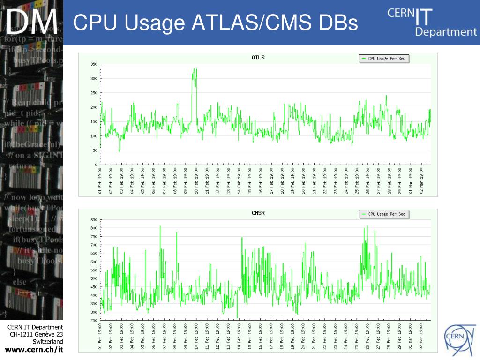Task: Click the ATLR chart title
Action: [x=258, y=58]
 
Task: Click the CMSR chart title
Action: [x=258, y=213]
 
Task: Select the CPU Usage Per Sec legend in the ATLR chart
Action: [x=384, y=59]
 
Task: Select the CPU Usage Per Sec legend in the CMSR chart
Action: [x=384, y=214]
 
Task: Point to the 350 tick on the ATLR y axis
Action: [x=94, y=64]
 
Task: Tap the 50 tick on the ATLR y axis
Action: [x=95, y=150]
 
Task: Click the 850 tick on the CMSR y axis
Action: [x=94, y=220]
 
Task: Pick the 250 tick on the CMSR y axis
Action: [x=94, y=321]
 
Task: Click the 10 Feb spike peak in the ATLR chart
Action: [x=195, y=69]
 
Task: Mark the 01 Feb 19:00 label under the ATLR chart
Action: [x=100, y=180]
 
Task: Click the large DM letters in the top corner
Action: [x=32, y=22]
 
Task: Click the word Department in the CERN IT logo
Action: [x=446, y=32]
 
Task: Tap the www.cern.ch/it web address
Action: [x=34, y=350]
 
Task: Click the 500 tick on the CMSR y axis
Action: [x=94, y=278]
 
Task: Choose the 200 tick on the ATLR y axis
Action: [x=94, y=107]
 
